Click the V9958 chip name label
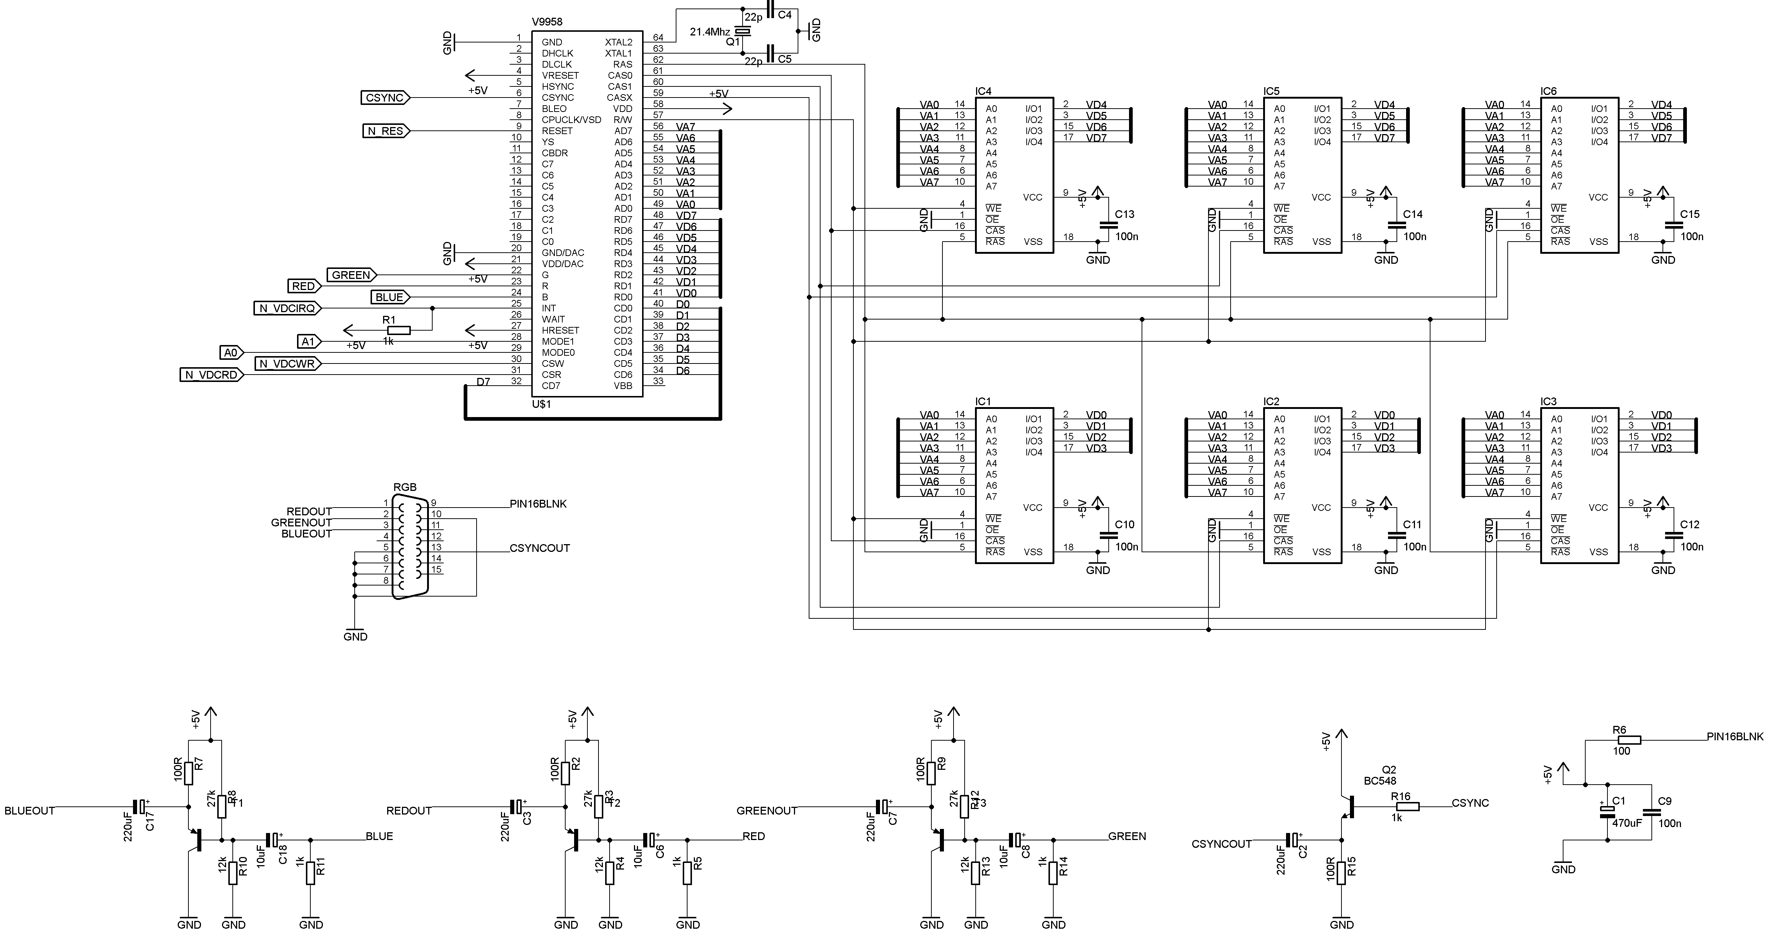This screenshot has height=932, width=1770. coord(547,22)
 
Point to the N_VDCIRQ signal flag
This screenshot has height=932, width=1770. coord(287,308)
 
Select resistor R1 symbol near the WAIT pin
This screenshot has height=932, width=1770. coord(399,330)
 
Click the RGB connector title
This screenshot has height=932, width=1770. coord(405,487)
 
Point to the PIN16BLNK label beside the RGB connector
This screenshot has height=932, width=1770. coord(538,503)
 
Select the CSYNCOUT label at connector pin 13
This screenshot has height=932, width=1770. coord(539,548)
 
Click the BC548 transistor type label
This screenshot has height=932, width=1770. coord(1380,781)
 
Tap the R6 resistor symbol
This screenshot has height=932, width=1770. coord(1629,740)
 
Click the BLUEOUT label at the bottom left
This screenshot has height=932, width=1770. coord(30,810)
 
